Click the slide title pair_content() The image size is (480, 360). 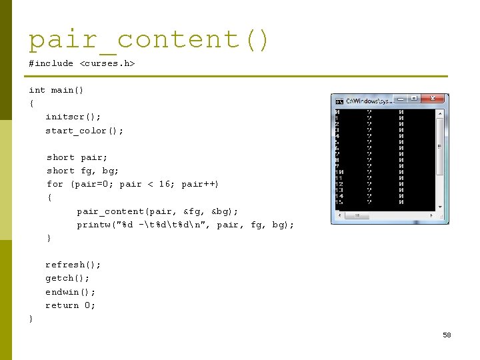(149, 40)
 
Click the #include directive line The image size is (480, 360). (81, 63)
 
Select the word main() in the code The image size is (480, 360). (67, 90)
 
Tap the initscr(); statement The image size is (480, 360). (73, 117)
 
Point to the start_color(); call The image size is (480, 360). (84, 131)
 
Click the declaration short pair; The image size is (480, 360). (77, 157)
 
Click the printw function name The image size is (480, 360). (93, 225)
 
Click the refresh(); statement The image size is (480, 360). (73, 265)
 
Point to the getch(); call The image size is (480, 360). (67, 278)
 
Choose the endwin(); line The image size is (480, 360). (70, 292)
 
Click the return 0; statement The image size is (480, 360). (70, 305)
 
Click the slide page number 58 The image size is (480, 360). (447, 335)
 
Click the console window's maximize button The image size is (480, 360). (415, 99)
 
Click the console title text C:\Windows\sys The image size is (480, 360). (369, 101)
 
